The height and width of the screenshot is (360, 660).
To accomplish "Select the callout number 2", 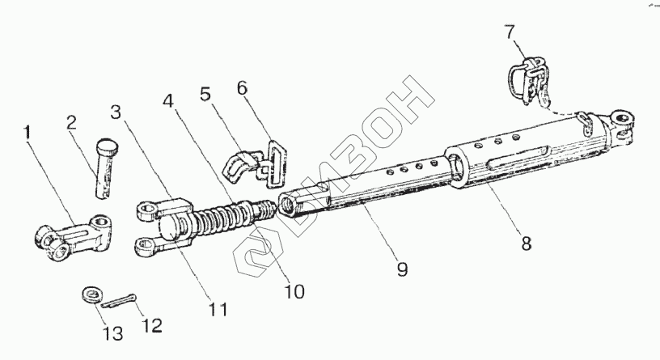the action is [x=71, y=123].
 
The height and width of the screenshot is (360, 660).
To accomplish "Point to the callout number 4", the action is [x=167, y=103].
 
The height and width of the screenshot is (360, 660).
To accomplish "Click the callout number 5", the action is [x=205, y=93].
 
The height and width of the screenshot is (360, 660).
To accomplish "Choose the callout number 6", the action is [x=243, y=88].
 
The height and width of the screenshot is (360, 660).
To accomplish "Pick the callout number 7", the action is [x=509, y=33].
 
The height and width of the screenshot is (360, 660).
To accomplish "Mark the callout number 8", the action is [x=526, y=244].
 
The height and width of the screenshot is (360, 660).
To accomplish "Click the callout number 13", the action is [x=111, y=333].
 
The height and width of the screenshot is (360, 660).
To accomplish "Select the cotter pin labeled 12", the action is [x=120, y=301].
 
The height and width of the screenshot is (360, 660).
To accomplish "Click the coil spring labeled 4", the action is [x=226, y=218].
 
